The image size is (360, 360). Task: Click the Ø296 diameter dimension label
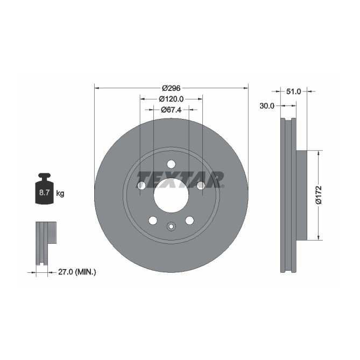point(171,88)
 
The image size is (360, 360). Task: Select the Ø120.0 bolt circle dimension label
point(171,99)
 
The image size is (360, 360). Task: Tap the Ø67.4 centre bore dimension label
point(171,110)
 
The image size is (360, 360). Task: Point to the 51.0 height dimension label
point(293,92)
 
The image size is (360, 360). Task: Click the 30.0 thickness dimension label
point(267,106)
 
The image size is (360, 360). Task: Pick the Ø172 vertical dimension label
point(318,195)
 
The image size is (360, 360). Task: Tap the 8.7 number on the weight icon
point(41,192)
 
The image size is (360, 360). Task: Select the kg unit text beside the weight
point(60,193)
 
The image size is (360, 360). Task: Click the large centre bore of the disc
point(171,195)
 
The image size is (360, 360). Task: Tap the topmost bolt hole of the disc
point(171,164)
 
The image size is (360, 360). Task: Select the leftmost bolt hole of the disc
point(142,186)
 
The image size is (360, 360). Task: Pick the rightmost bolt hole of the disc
point(201,186)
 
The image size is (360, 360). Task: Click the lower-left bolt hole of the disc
point(153,220)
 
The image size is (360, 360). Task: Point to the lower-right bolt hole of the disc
point(189,220)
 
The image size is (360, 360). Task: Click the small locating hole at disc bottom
point(171,226)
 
